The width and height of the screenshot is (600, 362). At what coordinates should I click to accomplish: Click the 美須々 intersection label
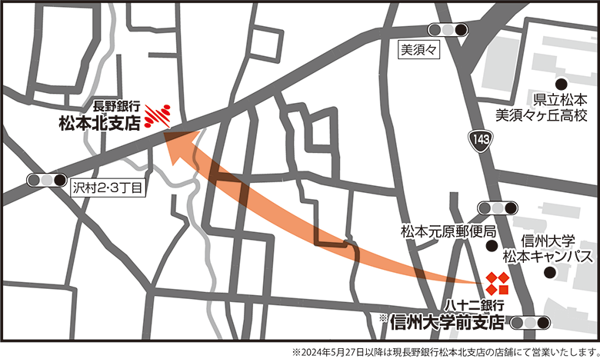418,50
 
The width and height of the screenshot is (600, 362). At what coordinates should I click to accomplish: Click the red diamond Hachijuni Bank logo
496,283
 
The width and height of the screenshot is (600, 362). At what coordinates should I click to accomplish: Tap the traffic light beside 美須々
449,30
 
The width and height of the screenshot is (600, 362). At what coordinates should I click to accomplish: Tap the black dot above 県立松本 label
562,84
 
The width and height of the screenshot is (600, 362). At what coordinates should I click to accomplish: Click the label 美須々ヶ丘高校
540,116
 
